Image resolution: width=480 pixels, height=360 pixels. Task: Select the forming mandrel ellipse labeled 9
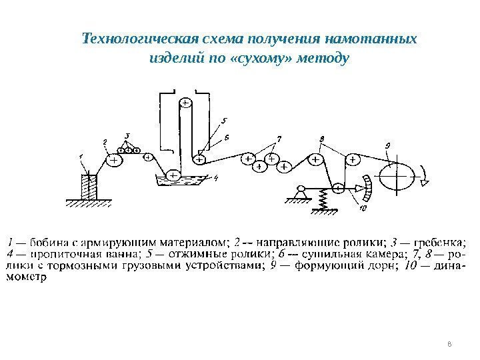click(397, 178)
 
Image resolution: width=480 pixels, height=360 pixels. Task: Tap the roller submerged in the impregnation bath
click(173, 175)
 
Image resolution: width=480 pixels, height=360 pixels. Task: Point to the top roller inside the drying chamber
click(185, 103)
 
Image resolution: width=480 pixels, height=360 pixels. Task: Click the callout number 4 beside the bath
click(216, 178)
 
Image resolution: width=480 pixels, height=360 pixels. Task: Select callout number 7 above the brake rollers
click(279, 139)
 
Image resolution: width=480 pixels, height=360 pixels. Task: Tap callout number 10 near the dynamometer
click(363, 209)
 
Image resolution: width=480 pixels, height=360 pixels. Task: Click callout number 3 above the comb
click(127, 135)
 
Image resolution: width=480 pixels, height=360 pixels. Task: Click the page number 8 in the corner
click(449, 344)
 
